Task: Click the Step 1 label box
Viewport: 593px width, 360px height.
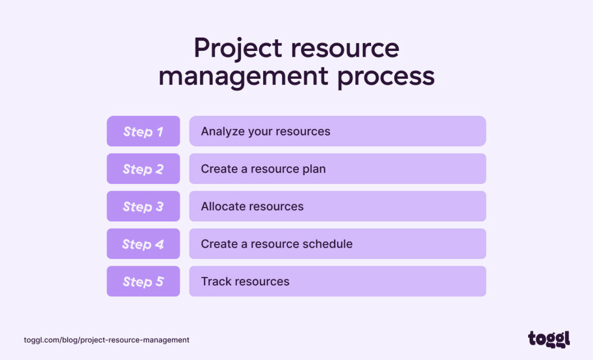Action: (x=143, y=131)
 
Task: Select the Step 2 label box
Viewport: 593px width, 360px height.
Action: (x=143, y=169)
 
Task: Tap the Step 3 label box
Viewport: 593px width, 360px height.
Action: (x=143, y=207)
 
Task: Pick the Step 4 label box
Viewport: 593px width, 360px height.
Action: (x=143, y=244)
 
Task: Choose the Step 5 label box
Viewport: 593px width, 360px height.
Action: (x=143, y=282)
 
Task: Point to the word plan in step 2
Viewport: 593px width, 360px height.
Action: (x=313, y=169)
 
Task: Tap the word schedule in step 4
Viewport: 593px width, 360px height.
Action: (x=328, y=244)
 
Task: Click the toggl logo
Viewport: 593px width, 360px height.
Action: (x=549, y=339)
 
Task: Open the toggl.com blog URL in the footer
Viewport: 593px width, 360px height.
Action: (x=107, y=340)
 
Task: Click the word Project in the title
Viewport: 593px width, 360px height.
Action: (x=238, y=48)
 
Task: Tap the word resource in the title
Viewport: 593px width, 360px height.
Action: (x=345, y=48)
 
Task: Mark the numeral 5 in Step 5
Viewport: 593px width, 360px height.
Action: (x=159, y=282)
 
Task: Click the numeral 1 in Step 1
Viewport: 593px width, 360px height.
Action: (x=159, y=131)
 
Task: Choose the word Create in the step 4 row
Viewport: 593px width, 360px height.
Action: (x=219, y=244)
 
